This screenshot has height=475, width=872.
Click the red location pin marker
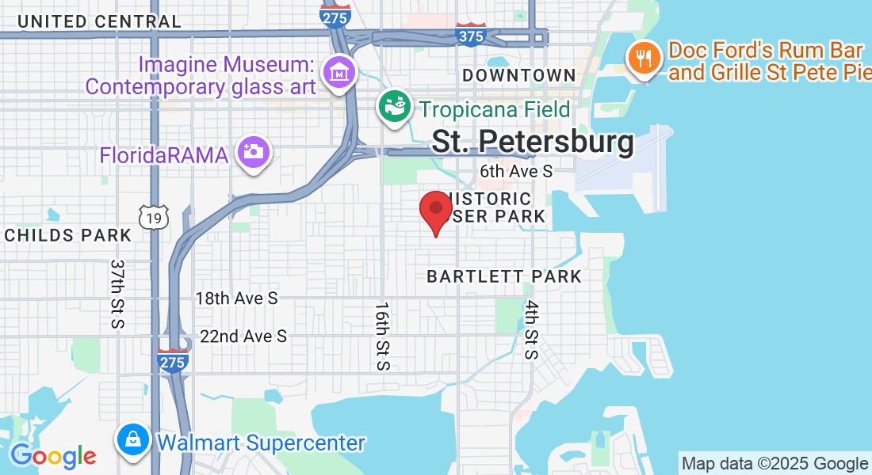435,211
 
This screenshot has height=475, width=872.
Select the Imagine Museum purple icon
340,73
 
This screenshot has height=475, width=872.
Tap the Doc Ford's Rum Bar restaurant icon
644,58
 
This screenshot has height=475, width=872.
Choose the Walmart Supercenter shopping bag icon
132,439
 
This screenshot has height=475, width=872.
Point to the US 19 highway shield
152,216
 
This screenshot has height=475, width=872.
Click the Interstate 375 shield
471,34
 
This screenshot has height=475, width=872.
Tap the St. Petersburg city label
533,142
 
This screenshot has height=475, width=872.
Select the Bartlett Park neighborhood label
504,276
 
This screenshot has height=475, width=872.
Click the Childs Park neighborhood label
67,235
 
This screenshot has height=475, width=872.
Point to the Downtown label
518,75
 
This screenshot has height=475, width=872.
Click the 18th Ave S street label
236,298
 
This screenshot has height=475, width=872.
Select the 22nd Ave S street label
243,336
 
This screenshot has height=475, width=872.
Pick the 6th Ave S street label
515,171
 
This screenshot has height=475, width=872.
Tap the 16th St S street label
383,336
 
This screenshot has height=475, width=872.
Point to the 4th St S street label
531,329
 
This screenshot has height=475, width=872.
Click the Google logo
53,456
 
